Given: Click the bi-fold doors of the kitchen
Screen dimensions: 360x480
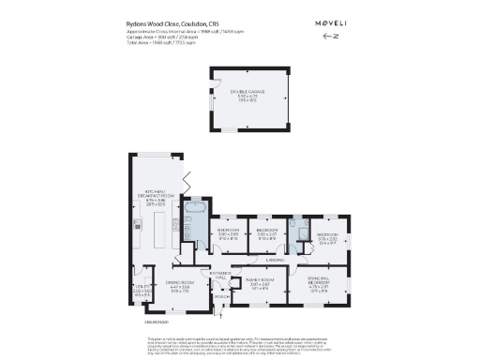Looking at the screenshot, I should tap(186, 182).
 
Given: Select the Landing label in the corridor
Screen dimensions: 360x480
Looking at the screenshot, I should tap(274, 260).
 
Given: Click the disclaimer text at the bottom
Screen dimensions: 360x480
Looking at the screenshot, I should tap(239, 343).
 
